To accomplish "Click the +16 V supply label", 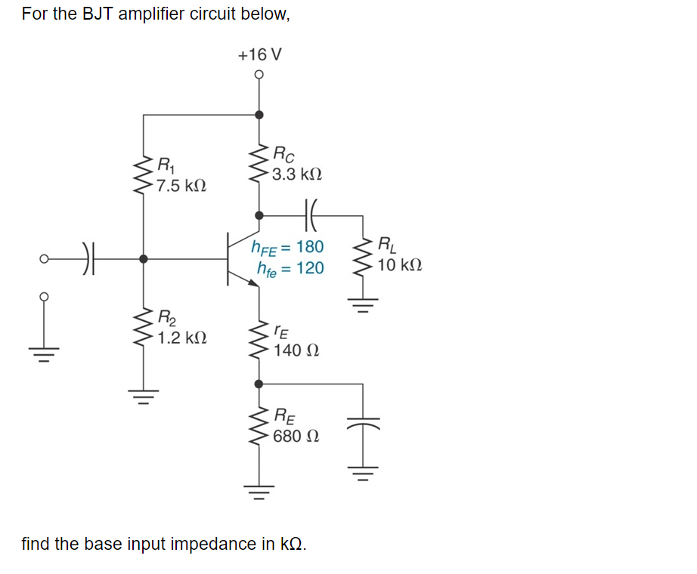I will [259, 55].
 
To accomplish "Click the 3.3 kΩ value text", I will [297, 174].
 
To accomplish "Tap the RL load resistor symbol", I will [364, 256].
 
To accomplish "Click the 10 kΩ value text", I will [400, 266].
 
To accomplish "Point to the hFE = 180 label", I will [287, 247].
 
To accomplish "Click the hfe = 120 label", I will [290, 268].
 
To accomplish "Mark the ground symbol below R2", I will [144, 393].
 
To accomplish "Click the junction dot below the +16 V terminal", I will [259, 115].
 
